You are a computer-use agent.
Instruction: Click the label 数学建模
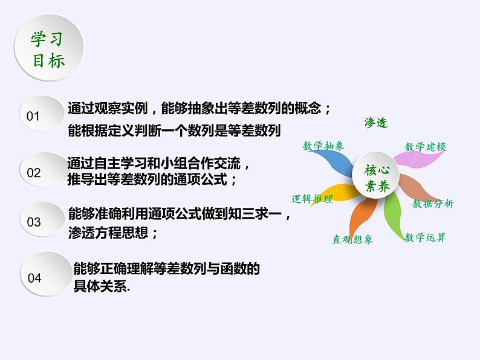point(426,147)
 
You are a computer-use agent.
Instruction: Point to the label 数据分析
point(433,204)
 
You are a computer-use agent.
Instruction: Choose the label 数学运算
point(426,237)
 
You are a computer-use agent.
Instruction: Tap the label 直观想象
point(352,239)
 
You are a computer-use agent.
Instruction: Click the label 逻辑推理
point(313,199)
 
